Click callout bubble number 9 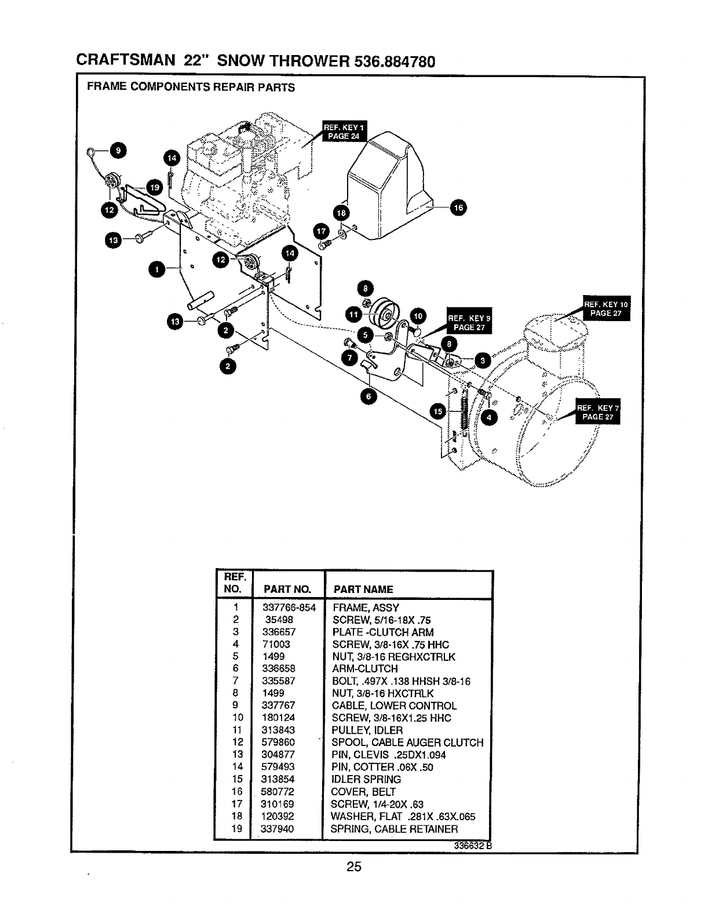point(118,150)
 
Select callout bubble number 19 point(154,187)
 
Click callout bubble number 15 point(438,411)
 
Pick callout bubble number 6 point(368,396)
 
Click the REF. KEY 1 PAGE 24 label point(345,132)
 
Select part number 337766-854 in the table point(289,608)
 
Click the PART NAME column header point(363,589)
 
